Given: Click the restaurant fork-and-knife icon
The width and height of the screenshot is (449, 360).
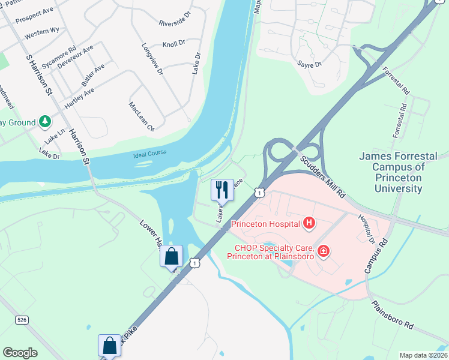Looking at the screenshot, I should click(222, 190).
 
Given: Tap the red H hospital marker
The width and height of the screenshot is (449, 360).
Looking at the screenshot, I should click(309, 224).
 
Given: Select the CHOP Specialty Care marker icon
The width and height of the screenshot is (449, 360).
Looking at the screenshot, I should click(324, 250).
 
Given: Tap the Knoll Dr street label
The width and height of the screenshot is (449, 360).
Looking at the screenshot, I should click(175, 45).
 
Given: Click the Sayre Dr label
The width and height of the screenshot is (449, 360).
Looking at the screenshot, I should click(310, 63).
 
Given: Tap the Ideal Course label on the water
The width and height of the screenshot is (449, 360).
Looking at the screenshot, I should click(149, 154).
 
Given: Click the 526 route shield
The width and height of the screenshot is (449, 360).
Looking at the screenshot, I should click(22, 320).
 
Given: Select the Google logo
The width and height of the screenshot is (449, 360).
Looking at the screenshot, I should click(20, 352).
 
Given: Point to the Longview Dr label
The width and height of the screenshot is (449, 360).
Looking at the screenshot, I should click(152, 59).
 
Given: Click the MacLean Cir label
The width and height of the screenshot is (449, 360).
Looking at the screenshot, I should click(142, 116).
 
